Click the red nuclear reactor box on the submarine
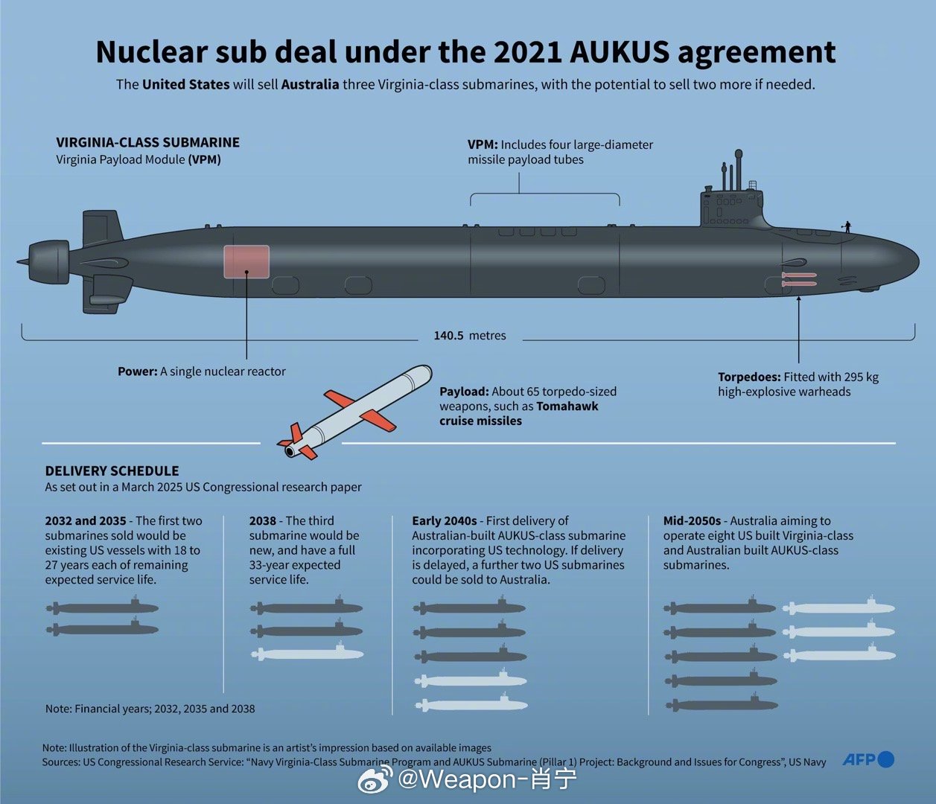click(246, 262)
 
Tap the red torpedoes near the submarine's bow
click(798, 279)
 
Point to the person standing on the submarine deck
click(847, 226)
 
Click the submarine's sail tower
click(730, 205)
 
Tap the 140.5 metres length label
click(470, 336)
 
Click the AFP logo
click(868, 759)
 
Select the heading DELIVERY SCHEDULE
click(112, 470)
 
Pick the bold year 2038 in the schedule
click(263, 521)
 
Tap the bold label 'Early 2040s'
click(445, 521)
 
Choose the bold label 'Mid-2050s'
click(693, 521)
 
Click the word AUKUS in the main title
click(619, 51)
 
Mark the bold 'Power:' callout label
click(138, 371)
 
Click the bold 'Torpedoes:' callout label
click(749, 377)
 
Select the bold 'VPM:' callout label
click(483, 144)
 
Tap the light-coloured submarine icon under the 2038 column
click(307, 654)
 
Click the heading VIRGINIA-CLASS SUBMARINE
click(148, 142)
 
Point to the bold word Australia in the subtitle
click(310, 84)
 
